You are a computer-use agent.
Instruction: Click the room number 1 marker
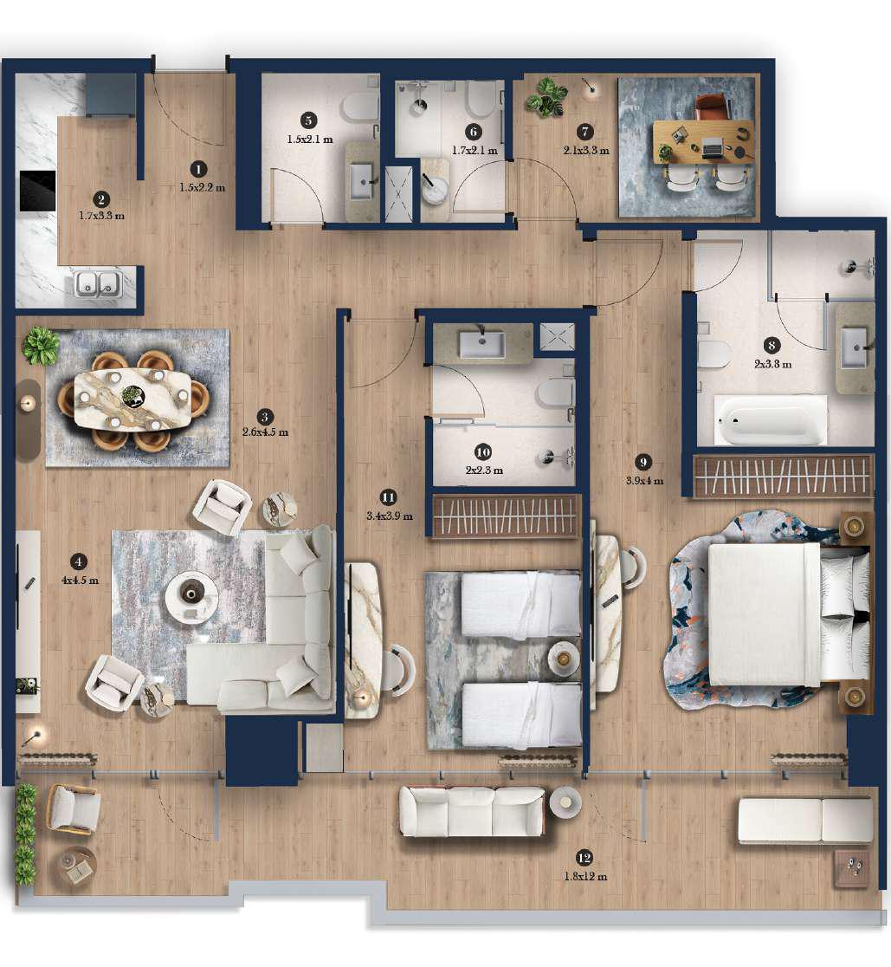click(199, 170)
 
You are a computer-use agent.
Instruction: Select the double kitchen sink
click(96, 282)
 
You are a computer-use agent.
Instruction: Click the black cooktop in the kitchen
click(38, 191)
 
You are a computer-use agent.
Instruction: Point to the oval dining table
click(132, 399)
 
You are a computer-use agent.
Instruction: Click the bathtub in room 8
click(770, 421)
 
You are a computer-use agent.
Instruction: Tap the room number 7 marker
click(586, 132)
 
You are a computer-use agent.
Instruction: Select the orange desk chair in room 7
click(713, 107)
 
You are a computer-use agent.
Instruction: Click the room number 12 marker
click(584, 858)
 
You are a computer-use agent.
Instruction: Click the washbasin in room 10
click(481, 345)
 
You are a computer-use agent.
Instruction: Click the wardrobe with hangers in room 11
click(505, 516)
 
